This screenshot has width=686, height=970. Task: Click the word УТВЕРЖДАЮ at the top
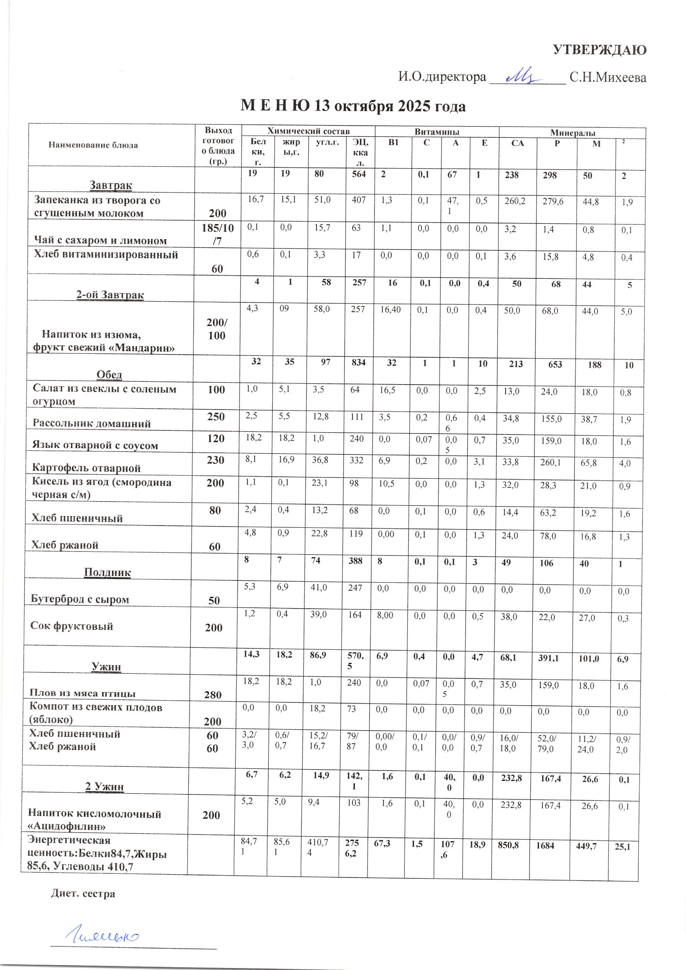click(x=599, y=50)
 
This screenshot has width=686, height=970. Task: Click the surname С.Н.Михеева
click(x=608, y=77)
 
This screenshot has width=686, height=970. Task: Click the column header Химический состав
click(x=309, y=132)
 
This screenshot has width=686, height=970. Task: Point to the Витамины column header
click(x=436, y=132)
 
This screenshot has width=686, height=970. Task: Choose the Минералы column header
click(x=572, y=133)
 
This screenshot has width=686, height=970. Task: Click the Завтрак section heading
click(x=111, y=185)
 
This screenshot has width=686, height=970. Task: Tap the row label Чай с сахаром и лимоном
click(x=100, y=240)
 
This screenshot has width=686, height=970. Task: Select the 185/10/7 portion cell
click(x=218, y=234)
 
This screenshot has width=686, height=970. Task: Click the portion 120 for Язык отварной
click(x=215, y=439)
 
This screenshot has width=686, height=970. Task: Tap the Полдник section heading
click(x=107, y=572)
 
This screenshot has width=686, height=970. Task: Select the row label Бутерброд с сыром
click(x=80, y=599)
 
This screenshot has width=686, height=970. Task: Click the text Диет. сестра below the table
click(x=83, y=894)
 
